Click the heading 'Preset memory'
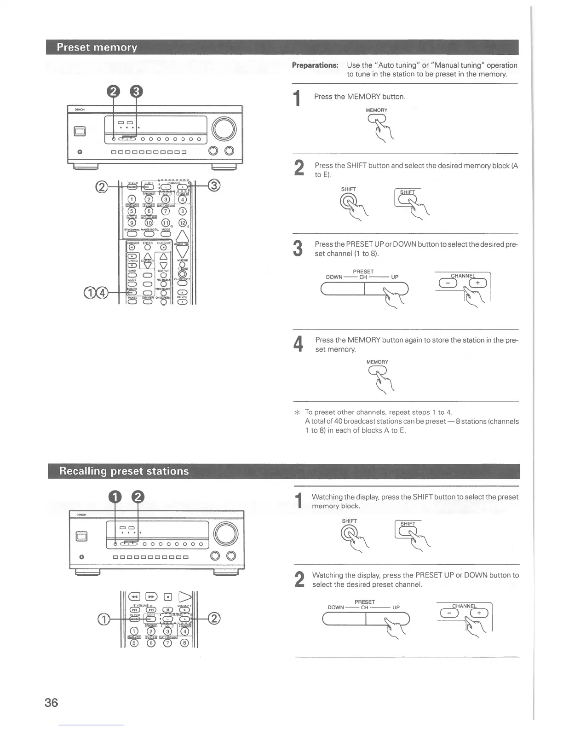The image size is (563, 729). pos(97,47)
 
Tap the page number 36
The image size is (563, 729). pos(52,703)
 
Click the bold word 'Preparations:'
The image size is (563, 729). pos(315,65)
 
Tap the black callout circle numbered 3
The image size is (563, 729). pos(136,93)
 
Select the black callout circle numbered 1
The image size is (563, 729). pos(115,497)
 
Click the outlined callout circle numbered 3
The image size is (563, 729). pos(215,186)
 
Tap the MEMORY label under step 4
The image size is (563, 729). pos(377,362)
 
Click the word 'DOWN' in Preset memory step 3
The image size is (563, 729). pos(334,277)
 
